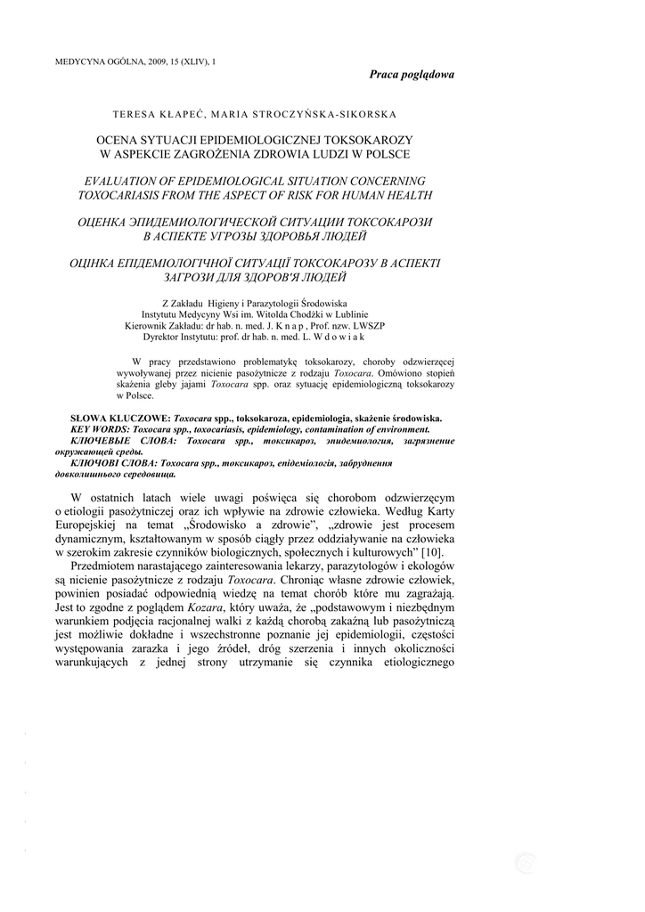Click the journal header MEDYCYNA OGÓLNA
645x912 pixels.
click(x=97, y=61)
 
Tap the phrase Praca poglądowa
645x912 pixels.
click(x=411, y=75)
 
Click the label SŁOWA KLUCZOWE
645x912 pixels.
click(x=119, y=418)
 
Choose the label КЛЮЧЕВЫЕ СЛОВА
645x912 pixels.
click(x=124, y=441)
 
